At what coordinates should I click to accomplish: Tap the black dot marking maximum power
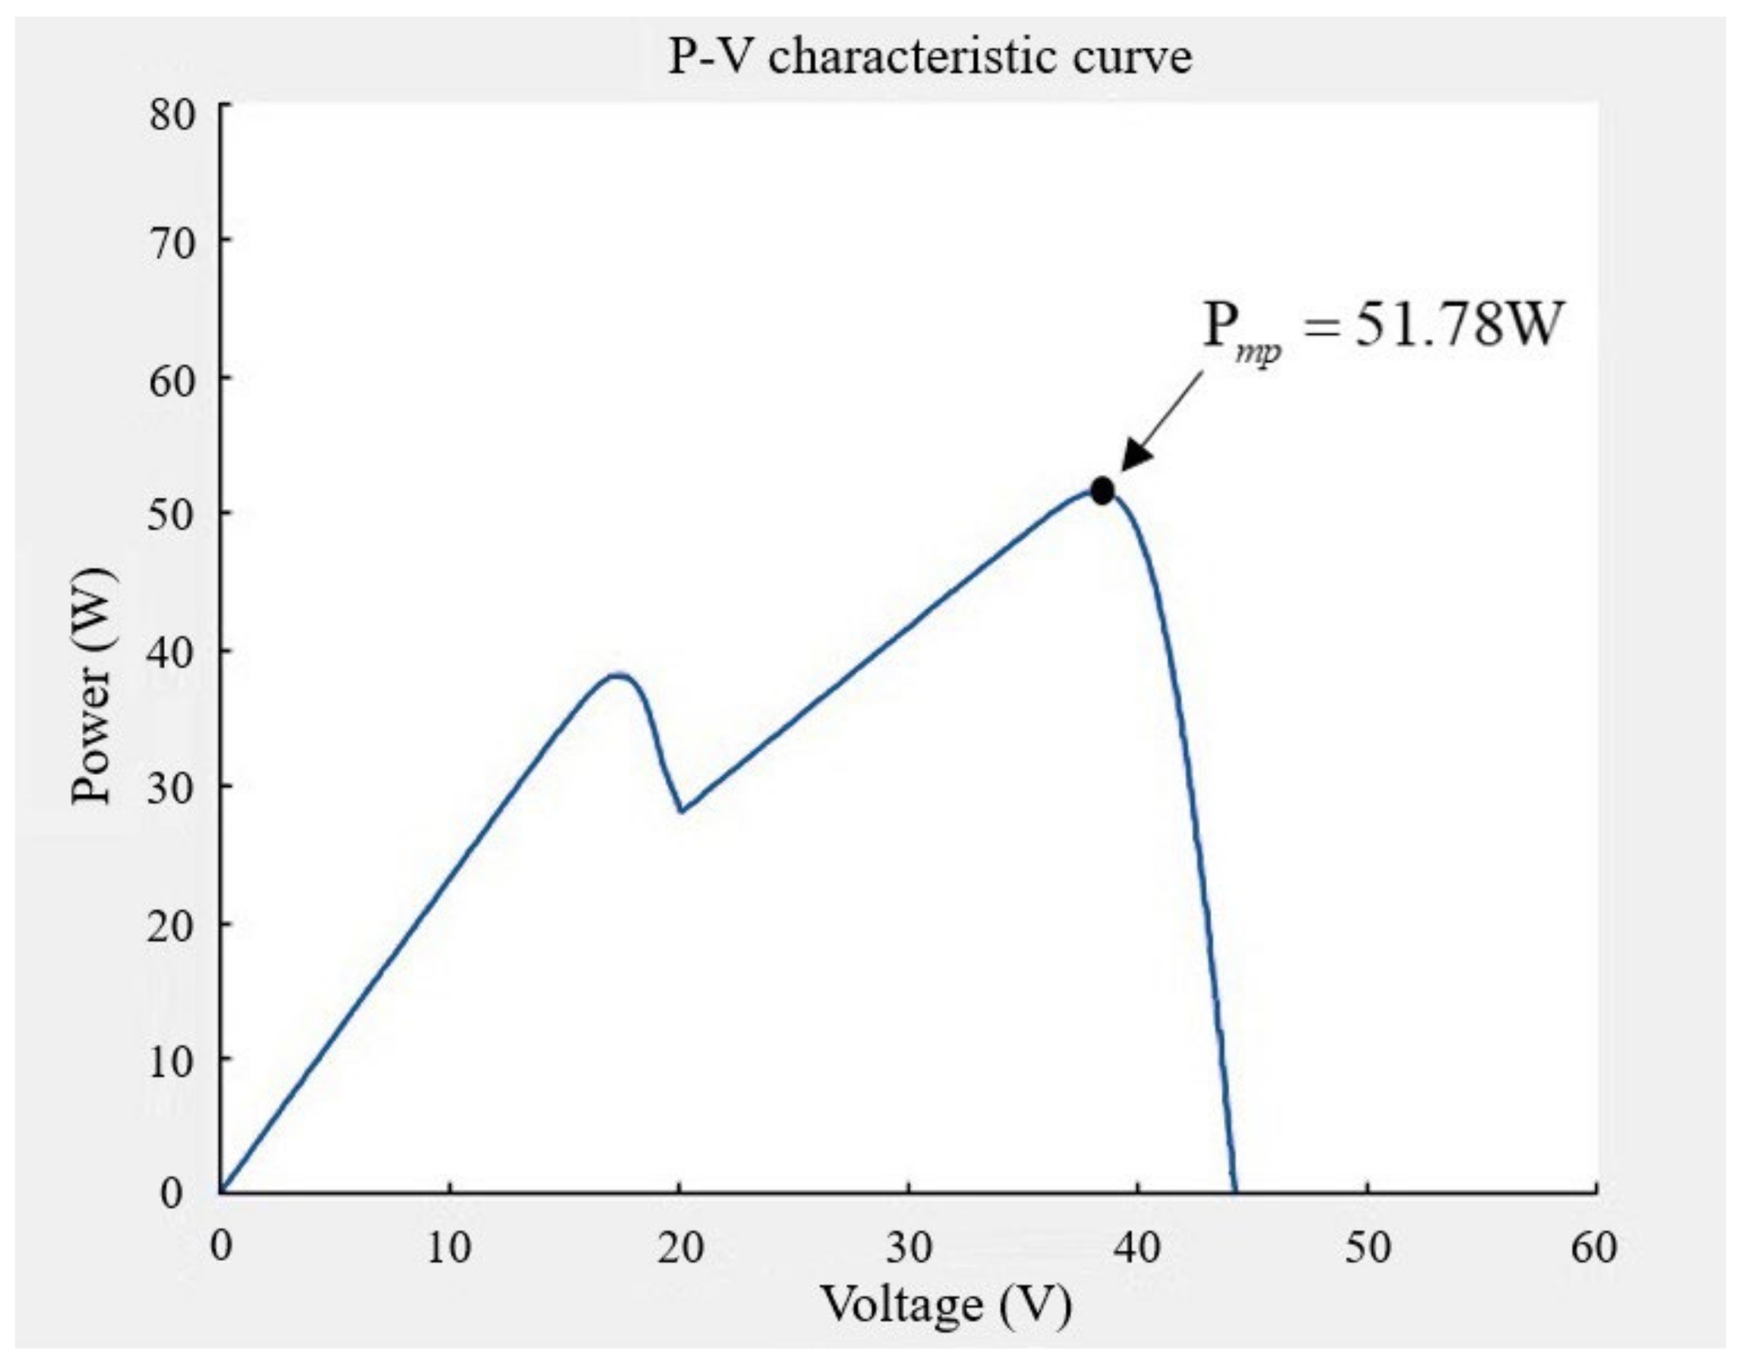pos(1102,491)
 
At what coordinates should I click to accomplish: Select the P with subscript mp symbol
pos(1240,332)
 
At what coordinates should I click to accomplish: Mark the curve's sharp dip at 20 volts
pos(681,811)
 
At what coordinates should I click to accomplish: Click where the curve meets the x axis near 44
pos(1234,1191)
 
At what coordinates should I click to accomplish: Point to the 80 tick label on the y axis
pos(172,114)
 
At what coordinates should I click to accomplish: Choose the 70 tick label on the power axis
pos(172,242)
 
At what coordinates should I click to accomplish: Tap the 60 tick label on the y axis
pos(172,380)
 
